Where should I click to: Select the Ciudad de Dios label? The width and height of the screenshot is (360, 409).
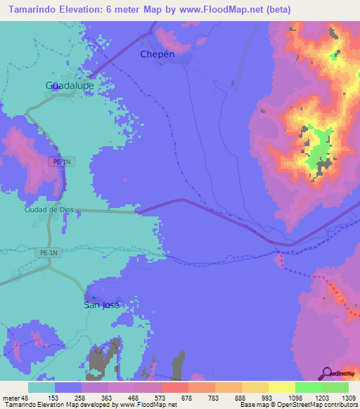click(x=49, y=209)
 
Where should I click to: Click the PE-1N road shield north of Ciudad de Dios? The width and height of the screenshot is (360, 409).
click(x=62, y=161)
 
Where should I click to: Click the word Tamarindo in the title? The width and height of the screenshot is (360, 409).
click(x=33, y=9)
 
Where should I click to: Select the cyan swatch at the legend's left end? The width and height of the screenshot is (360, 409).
click(x=41, y=387)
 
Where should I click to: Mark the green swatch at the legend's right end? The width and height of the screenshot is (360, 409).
click(x=335, y=387)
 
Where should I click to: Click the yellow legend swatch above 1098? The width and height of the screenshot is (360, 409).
click(x=281, y=387)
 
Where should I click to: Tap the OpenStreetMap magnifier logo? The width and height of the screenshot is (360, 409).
click(x=326, y=372)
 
